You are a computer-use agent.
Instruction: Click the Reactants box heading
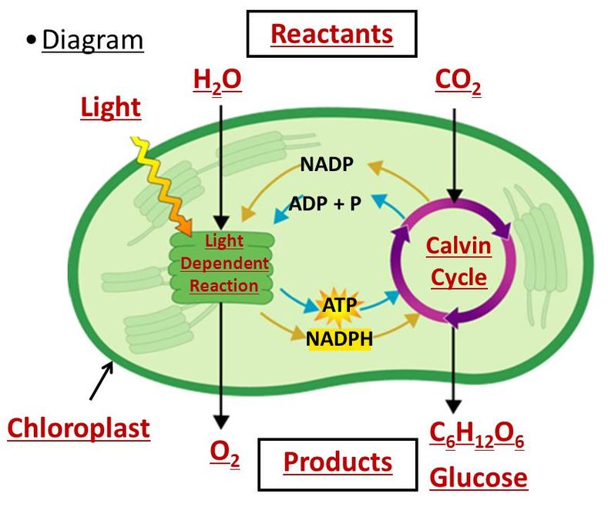point(333,35)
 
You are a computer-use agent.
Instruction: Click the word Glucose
point(479,478)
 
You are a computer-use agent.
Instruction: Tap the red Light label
point(111,108)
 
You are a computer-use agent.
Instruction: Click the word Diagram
point(92,39)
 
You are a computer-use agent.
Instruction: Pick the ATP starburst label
point(340,306)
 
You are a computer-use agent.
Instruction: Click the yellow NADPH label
point(339,337)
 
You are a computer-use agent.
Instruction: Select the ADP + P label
point(326,204)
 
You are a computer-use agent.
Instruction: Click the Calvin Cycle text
point(458,262)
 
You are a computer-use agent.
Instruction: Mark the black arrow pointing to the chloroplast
point(102,380)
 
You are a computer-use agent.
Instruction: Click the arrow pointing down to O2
point(222,362)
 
